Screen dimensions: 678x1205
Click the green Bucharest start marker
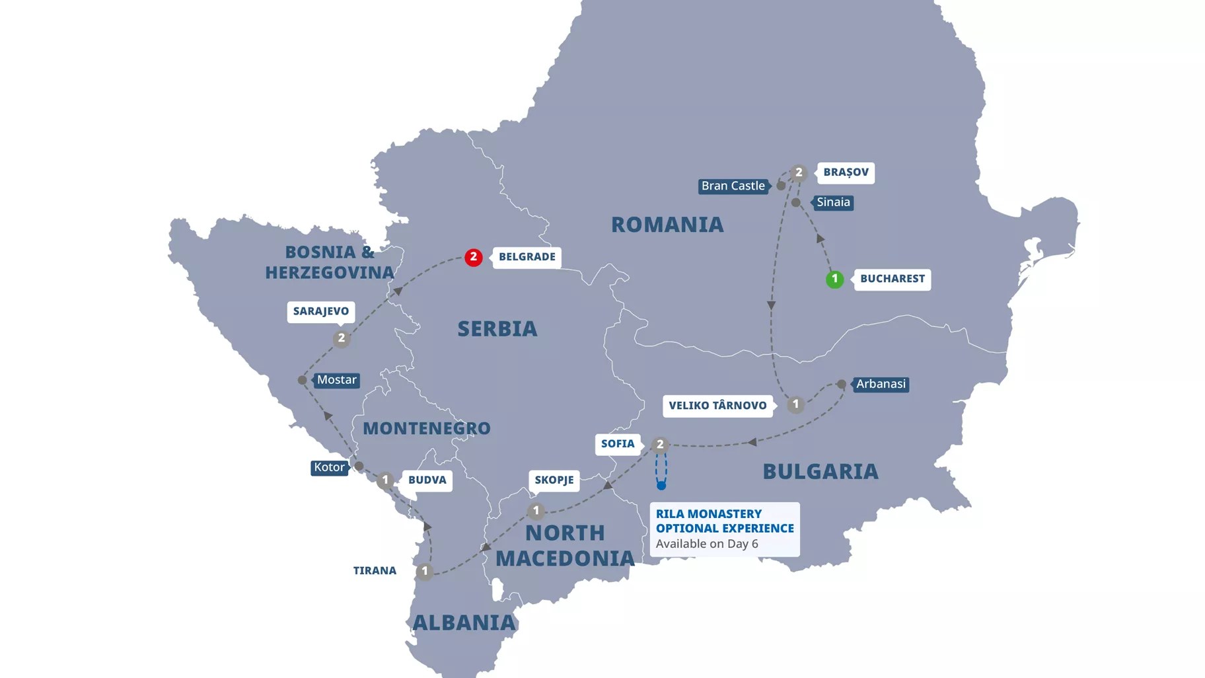tap(834, 279)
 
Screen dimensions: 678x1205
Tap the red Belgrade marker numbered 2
tap(473, 257)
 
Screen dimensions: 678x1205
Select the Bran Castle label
tap(733, 186)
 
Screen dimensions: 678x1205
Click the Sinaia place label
tap(833, 202)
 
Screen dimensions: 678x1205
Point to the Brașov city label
tap(846, 172)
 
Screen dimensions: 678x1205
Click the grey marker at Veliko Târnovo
tap(795, 404)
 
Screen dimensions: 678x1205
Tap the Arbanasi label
tap(881, 384)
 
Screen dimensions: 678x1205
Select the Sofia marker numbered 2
tap(659, 445)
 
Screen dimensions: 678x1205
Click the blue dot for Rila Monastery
tap(661, 486)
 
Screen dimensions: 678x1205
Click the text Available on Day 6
tap(706, 544)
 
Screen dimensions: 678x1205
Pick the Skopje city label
tap(554, 480)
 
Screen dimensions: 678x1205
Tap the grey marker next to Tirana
tap(424, 571)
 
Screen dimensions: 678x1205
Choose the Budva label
tap(427, 480)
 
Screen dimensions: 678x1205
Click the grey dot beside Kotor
tap(359, 467)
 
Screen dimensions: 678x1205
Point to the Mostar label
tap(336, 380)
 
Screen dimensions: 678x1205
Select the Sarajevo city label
tap(320, 311)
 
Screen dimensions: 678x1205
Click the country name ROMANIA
tap(667, 225)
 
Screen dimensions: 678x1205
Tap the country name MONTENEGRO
tap(426, 428)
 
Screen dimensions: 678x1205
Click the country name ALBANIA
tap(464, 622)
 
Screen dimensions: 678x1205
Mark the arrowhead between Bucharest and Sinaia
tap(820, 239)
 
